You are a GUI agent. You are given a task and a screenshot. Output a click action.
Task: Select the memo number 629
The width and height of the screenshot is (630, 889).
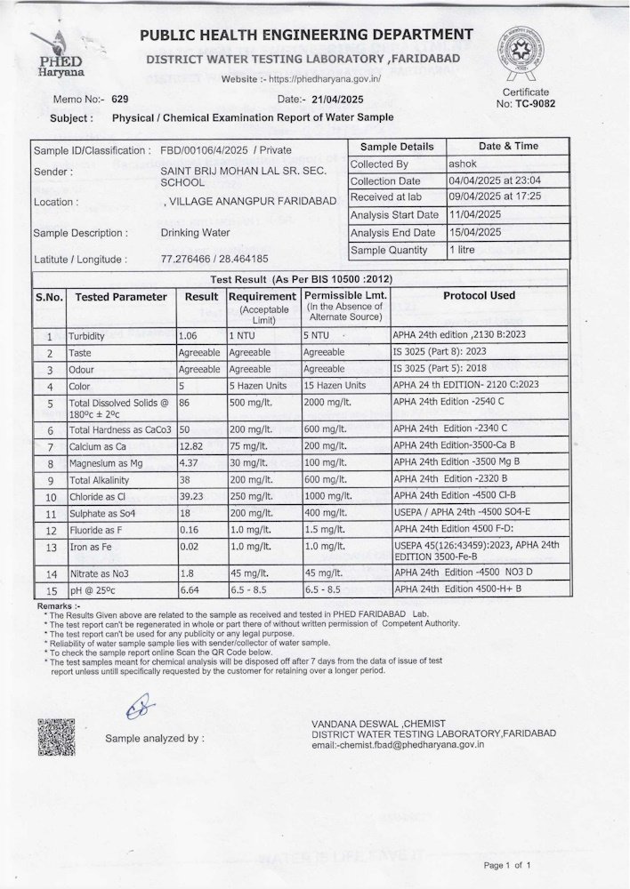click(x=120, y=99)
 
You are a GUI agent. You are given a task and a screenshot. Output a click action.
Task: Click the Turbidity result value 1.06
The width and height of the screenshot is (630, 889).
click(x=191, y=336)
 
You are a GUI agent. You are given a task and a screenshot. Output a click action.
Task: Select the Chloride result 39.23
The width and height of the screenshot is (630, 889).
click(x=193, y=495)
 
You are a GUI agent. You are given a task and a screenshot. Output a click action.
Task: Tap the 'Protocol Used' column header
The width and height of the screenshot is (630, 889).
click(x=479, y=295)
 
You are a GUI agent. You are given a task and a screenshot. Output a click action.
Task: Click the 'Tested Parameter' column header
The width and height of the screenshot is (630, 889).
click(x=120, y=297)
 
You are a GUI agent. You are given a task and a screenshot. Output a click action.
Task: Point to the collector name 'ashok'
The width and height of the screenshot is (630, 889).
click(x=463, y=164)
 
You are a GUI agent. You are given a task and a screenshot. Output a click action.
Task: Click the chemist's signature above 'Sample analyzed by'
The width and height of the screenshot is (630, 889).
click(x=139, y=708)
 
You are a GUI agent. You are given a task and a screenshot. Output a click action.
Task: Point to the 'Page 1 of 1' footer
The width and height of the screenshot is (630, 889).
click(x=507, y=864)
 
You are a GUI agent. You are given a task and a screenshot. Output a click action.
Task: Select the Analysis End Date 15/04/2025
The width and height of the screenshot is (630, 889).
click(x=476, y=233)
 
